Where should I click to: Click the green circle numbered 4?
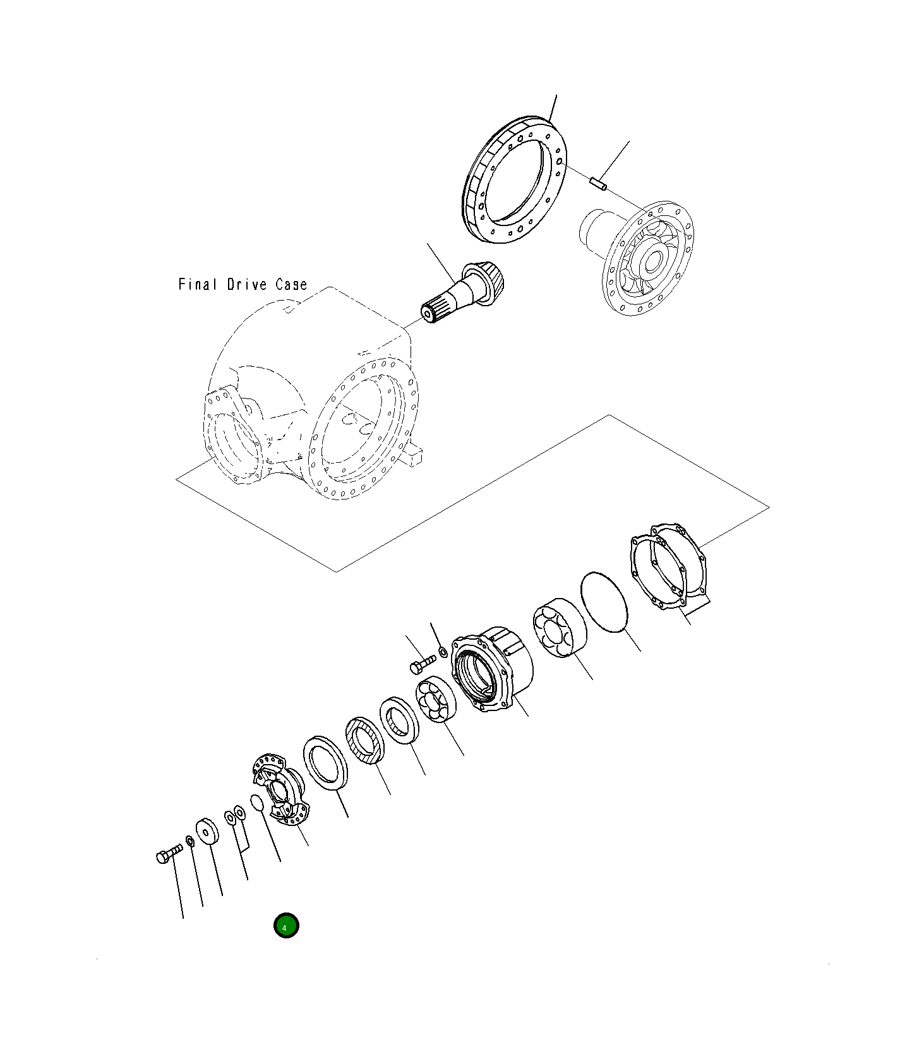point(285,926)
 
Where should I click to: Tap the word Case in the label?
point(291,285)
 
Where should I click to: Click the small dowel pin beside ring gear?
point(598,184)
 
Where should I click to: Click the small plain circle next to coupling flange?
point(256,803)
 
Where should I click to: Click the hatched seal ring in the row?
point(364,740)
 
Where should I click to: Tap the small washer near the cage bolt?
point(442,651)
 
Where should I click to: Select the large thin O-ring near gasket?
point(604,601)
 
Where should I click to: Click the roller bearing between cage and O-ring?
point(559,627)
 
